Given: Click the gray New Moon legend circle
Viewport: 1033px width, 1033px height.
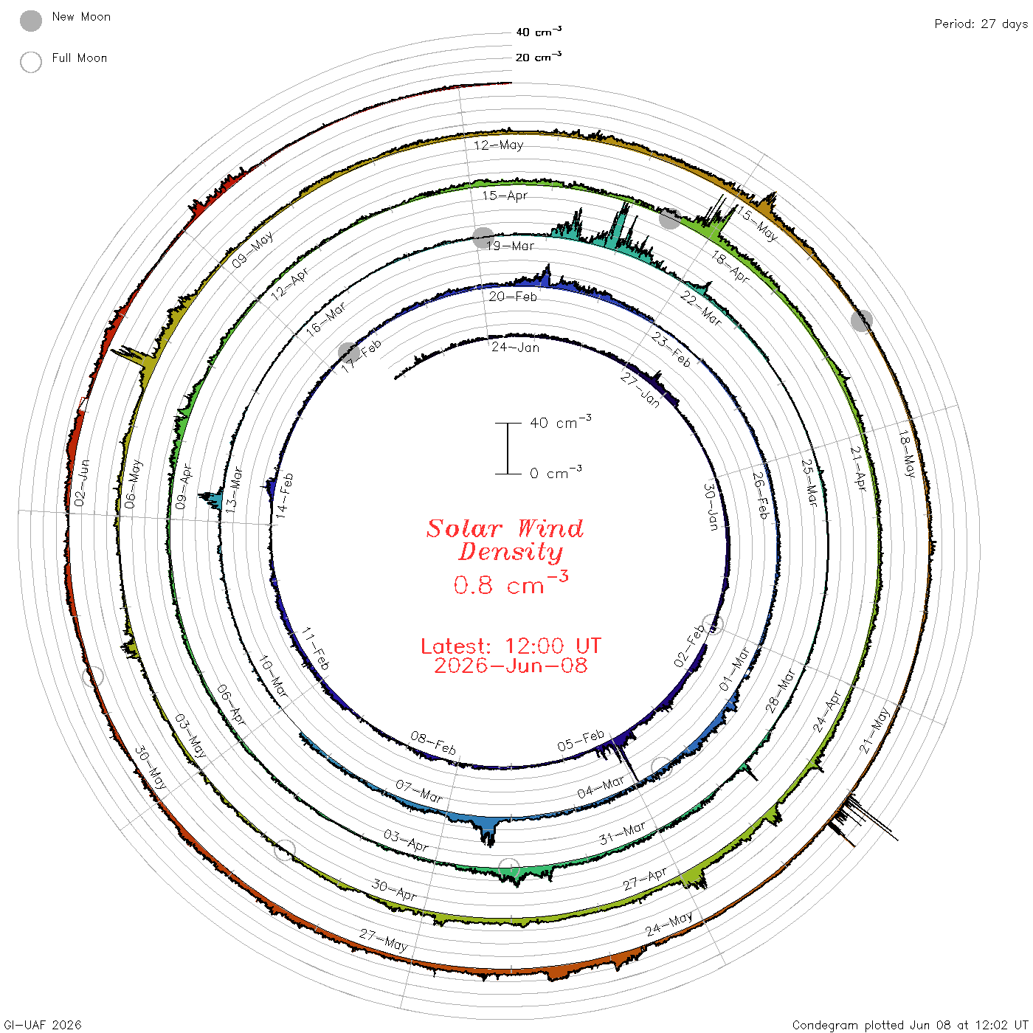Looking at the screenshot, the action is click(x=31, y=21).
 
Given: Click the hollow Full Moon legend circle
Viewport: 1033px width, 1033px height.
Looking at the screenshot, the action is click(x=31, y=62).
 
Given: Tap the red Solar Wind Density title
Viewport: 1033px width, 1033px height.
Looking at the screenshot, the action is click(x=505, y=540).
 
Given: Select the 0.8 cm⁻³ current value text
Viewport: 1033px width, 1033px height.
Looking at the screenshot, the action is click(x=511, y=584).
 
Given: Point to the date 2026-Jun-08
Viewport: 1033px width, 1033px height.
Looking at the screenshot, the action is click(x=511, y=666).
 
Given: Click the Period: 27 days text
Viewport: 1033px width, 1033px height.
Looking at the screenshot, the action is click(x=981, y=24).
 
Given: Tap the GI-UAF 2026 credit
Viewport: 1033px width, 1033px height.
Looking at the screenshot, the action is click(x=42, y=1025).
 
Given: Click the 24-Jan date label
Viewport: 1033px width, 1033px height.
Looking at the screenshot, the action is click(x=515, y=348).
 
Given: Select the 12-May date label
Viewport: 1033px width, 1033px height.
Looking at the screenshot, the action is click(x=499, y=145).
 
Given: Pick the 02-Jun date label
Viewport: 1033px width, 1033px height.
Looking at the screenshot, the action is click(x=81, y=483).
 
